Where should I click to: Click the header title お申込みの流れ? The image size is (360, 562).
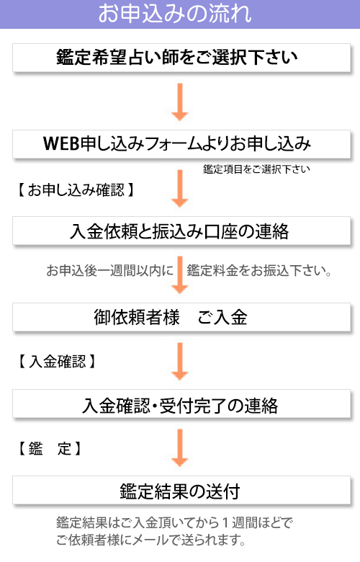[x=175, y=14]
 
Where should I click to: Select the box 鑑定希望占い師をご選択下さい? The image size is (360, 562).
[x=181, y=58]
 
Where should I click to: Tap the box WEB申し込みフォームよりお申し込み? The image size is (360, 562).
[x=181, y=144]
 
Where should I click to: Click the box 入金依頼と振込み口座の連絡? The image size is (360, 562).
[x=181, y=231]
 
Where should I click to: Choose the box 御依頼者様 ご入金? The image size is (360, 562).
[x=181, y=317]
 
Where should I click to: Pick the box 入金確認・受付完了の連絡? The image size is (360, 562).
[x=181, y=404]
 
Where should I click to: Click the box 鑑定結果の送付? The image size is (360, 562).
[x=181, y=491]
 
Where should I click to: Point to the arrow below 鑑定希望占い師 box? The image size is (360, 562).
[x=180, y=102]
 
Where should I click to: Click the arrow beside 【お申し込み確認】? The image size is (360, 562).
[x=180, y=189]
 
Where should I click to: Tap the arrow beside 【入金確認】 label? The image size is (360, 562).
[x=180, y=361]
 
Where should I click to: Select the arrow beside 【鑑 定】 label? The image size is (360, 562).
[x=180, y=448]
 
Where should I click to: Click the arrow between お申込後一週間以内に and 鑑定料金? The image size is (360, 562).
[x=180, y=275]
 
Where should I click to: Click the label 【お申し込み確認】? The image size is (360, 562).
[x=76, y=190]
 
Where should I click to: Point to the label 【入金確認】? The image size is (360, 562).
[x=57, y=361]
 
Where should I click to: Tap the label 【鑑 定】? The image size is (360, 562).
[x=50, y=448]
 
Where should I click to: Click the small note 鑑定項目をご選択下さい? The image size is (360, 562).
[x=256, y=169]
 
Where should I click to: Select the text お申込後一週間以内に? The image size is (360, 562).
[x=110, y=271]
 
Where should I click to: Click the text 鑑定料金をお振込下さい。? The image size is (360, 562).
[x=259, y=271]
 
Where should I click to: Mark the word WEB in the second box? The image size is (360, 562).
[x=61, y=143]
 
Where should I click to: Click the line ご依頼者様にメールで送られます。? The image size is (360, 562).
[x=150, y=540]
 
